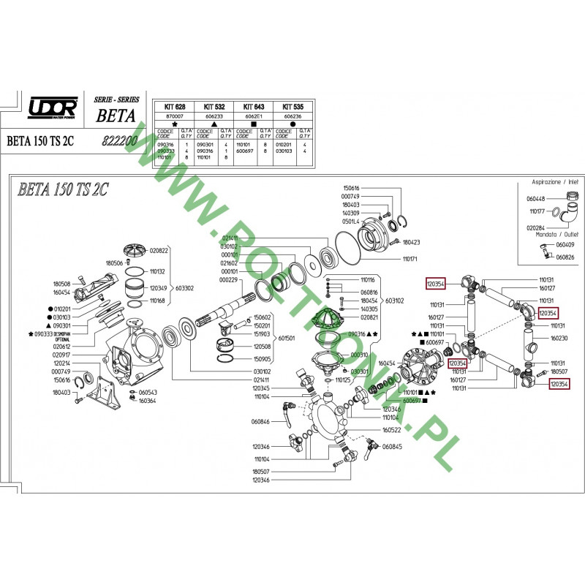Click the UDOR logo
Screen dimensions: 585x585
coord(53,108)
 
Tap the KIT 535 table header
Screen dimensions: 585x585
coord(292,106)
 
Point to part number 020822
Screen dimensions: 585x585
coord(159,250)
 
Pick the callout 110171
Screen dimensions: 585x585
coord(410,259)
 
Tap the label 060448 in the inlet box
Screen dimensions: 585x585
coord(536,198)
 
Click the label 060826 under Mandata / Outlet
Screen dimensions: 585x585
coord(565,257)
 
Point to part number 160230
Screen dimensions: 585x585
coord(559,339)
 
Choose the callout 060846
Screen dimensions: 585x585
coord(260,422)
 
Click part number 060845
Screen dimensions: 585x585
coord(393,446)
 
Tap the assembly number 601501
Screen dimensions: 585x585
coord(284,339)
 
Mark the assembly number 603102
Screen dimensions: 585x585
coord(395,300)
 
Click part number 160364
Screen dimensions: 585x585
coord(148,400)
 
